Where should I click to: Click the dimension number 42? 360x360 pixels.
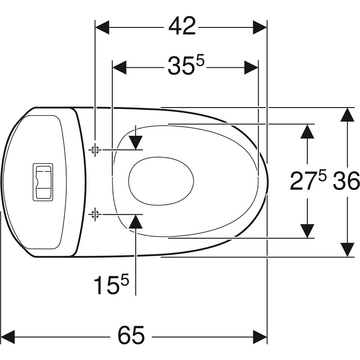coord(182,26)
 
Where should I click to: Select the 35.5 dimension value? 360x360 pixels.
coord(186,66)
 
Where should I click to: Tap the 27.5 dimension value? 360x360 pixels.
coord(308,181)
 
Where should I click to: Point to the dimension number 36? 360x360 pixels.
coord(346,181)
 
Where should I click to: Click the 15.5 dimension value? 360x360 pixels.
coord(111,285)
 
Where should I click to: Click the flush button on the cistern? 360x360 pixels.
coord(43,182)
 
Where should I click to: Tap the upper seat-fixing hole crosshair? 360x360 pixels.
coord(95,150)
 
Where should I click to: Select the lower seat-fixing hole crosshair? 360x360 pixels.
coord(95,214)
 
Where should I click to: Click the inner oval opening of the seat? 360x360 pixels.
coord(161,181)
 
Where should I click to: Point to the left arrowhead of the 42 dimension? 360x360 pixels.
coord(102,27)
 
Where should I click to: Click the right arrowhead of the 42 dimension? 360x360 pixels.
coord(260,27)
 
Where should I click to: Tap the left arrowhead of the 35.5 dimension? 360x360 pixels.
coord(119,67)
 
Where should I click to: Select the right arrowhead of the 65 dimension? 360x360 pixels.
coord(260,337)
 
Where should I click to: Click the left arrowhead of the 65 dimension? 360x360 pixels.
coord(8,337)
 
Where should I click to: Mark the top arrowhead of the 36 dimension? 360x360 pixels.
coord(347,114)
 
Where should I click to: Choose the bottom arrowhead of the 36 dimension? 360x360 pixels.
coord(347,250)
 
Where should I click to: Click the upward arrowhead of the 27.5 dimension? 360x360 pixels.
coord(307,131)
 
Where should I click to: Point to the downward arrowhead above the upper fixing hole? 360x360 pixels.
coord(135,143)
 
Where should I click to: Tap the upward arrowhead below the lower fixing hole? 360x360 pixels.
coord(135,221)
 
